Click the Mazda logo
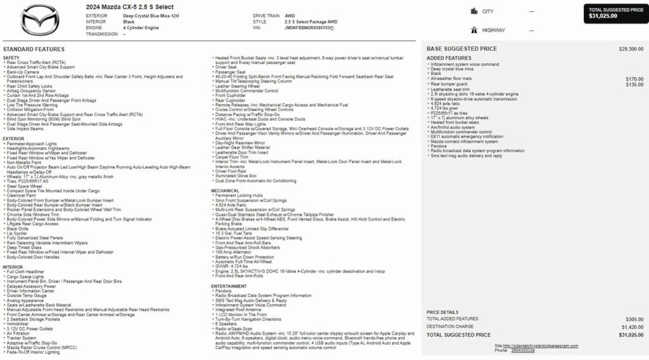pyautogui.click(x=39, y=20)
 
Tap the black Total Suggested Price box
pyautogui.click(x=616, y=13)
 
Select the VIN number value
pyautogui.click(x=309, y=28)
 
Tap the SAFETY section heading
pyautogui.click(x=11, y=58)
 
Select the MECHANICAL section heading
pyautogui.click(x=225, y=190)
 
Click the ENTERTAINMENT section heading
pyautogui.click(x=229, y=286)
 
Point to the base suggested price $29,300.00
pyautogui.click(x=631, y=49)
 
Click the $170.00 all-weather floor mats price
pyautogui.click(x=634, y=79)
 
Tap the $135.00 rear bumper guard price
pyautogui.click(x=634, y=84)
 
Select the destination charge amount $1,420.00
pyautogui.click(x=632, y=326)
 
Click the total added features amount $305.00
pyautogui.click(x=634, y=319)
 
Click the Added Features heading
pyautogui.click(x=449, y=58)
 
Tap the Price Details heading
pyautogui.click(x=442, y=312)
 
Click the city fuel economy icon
pyautogui.click(x=474, y=11)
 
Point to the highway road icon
pyautogui.click(x=474, y=30)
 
